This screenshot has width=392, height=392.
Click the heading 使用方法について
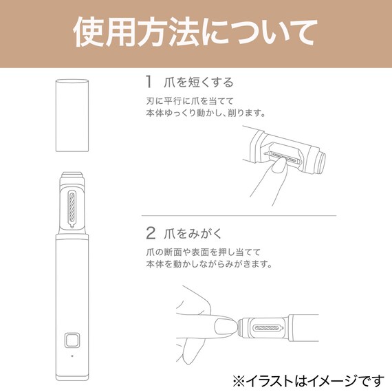tap(195, 33)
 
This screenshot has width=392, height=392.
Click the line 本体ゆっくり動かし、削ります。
tap(206, 113)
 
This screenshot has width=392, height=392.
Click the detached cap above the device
tap(72, 115)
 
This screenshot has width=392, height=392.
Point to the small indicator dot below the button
tap(71, 356)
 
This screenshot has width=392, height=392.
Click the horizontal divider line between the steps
tap(241, 216)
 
